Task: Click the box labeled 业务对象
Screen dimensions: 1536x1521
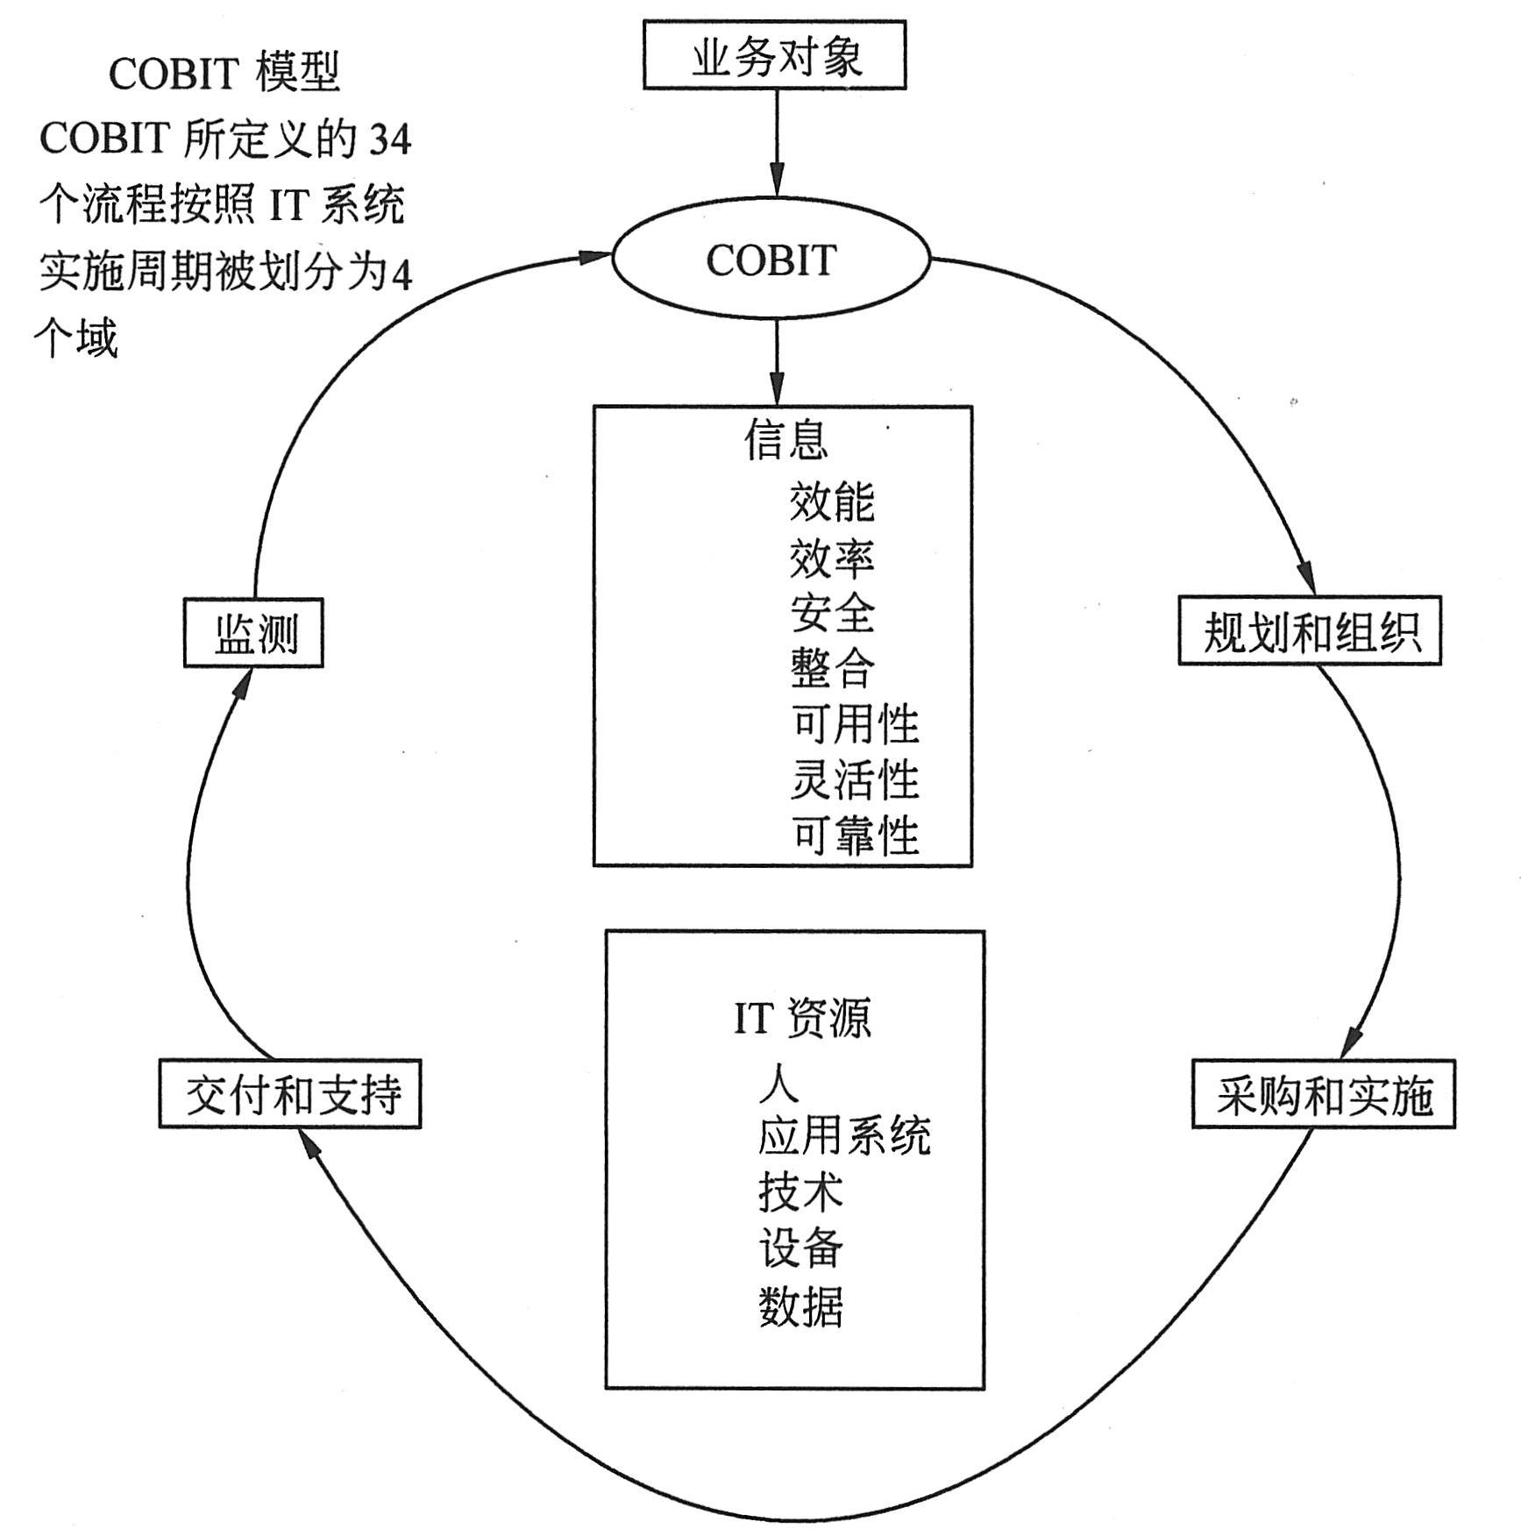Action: (774, 56)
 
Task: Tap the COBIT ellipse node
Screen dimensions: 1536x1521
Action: (770, 260)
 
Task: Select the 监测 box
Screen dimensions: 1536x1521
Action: (253, 633)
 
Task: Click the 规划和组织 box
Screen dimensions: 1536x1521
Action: (1309, 631)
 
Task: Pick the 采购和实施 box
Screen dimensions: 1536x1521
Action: (1323, 1094)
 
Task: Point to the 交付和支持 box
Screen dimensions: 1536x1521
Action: (290, 1094)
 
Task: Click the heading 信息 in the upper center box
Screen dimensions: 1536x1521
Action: (785, 438)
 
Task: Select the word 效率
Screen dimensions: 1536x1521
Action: (831, 557)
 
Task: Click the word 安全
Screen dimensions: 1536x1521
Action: (831, 612)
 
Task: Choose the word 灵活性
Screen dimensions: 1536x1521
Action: (854, 779)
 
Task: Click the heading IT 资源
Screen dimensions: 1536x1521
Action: (802, 1018)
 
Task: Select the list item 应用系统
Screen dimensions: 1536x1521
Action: (843, 1136)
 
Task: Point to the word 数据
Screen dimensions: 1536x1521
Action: (800, 1306)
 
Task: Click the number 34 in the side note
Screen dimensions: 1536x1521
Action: (389, 139)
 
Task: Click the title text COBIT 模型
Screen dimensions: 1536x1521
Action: (224, 73)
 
